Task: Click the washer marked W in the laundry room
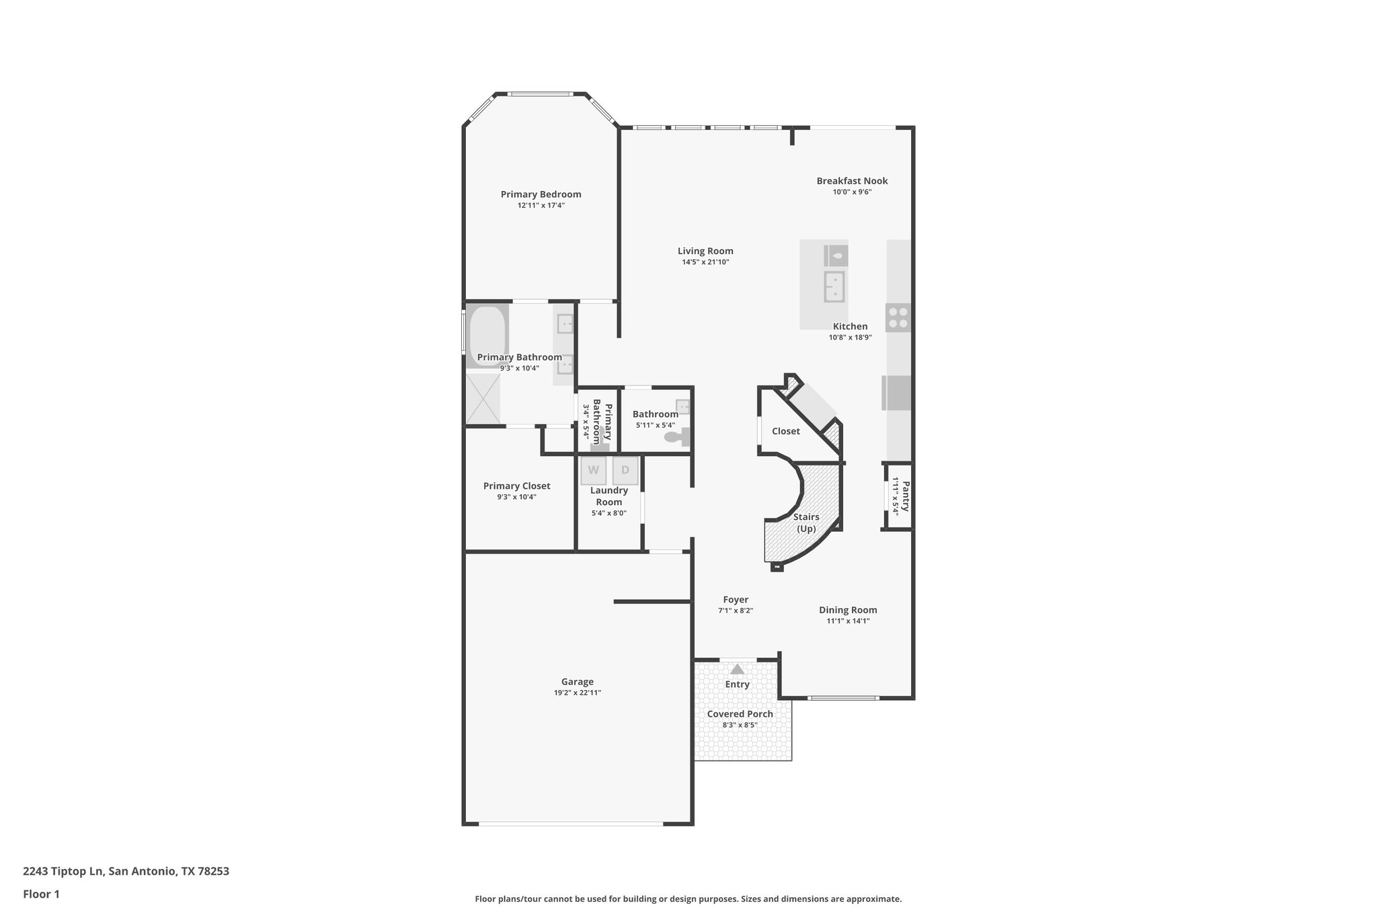593,470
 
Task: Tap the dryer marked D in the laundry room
625,470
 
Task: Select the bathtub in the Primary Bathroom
487,336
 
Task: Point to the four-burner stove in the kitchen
898,317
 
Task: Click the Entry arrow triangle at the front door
738,669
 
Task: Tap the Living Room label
705,251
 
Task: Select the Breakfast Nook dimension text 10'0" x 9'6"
852,192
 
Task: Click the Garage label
578,681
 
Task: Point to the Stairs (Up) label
806,523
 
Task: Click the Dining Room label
848,610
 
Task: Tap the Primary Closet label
516,486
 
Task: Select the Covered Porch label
740,714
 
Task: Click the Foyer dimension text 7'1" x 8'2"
736,611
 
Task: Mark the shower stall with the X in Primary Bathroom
483,399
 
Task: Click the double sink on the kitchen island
834,287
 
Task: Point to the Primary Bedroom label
541,194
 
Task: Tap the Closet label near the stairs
785,431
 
